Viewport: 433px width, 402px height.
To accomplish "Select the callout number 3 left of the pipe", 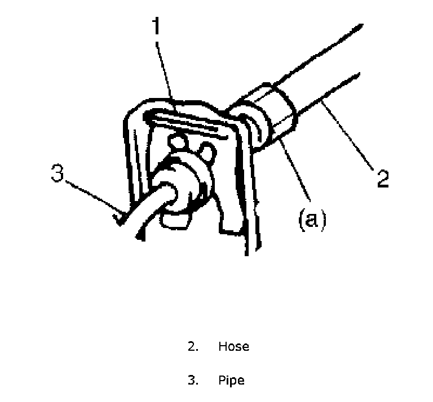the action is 58,173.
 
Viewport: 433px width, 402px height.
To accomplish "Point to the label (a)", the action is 311,218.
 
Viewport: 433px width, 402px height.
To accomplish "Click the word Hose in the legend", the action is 233,346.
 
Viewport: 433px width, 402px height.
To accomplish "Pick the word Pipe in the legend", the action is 231,380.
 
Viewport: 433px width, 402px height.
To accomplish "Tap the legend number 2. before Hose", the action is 193,346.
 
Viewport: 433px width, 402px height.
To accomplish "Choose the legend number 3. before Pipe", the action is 193,380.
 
